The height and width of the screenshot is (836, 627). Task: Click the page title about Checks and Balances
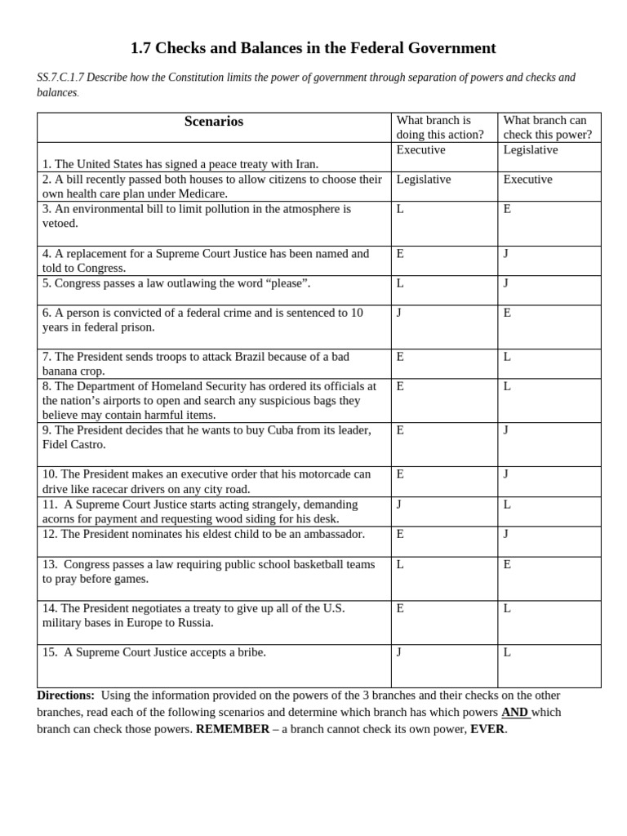point(313,48)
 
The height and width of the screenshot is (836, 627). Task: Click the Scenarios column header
point(213,122)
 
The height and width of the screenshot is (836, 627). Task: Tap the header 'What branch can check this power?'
point(547,127)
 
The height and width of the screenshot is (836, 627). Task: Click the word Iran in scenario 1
point(304,164)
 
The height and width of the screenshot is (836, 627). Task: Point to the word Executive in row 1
point(420,150)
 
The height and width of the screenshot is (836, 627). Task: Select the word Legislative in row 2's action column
point(423,180)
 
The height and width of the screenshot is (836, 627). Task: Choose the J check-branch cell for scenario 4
point(506,254)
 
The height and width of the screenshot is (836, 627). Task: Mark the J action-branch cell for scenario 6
point(399,313)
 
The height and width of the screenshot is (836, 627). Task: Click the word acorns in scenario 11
point(60,518)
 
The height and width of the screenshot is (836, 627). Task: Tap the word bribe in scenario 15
point(248,652)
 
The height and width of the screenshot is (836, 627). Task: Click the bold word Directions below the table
point(65,696)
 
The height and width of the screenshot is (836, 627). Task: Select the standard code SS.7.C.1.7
point(60,78)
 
